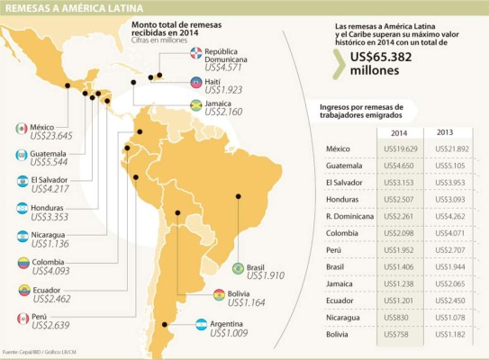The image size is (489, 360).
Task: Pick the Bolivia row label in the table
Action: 338,335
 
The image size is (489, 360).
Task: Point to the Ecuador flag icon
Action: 23,291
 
